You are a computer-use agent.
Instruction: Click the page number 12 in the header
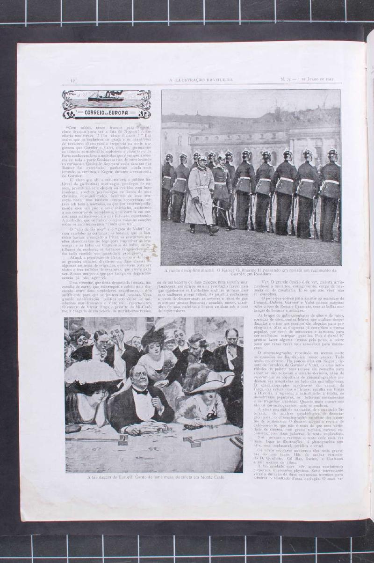(x=73, y=80)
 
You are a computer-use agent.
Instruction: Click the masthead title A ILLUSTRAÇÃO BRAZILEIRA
(x=201, y=80)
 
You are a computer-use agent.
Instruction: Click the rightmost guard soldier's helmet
(x=332, y=154)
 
